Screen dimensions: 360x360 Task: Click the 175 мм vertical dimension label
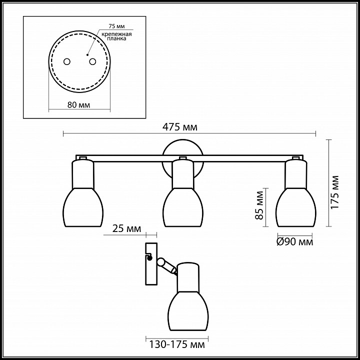tap(336, 192)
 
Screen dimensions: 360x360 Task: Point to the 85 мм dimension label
tap(259, 205)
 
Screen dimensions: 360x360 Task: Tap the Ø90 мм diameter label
tap(295, 242)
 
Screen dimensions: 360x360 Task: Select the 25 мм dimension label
tap(126, 229)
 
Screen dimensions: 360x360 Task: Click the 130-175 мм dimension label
tap(176, 344)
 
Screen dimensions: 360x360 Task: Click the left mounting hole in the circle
tap(66, 61)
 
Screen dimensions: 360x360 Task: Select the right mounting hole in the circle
tap(92, 61)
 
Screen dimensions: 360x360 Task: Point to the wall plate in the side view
tap(150, 263)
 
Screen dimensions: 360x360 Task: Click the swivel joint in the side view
tap(161, 262)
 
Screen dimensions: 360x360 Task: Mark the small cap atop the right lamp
tap(296, 159)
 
